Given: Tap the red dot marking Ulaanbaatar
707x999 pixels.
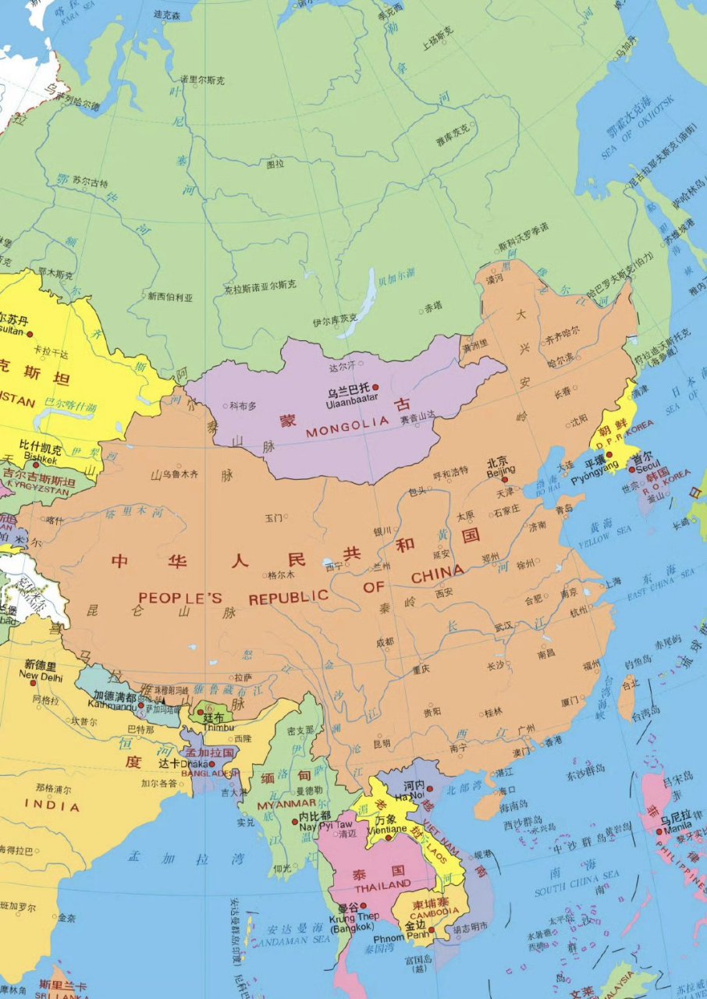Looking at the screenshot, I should pos(375,387).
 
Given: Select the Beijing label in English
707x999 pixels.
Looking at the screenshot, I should pos(501,471).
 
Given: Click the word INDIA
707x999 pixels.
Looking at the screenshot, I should pos(52,805).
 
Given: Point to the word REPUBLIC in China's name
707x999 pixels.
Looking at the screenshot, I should pos(289,597).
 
